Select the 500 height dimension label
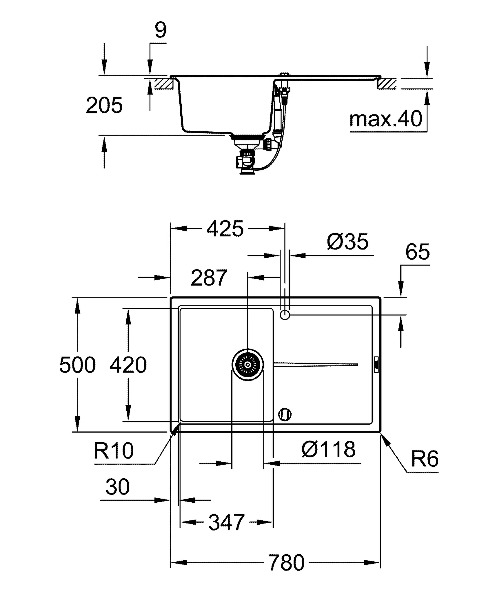point(77,365)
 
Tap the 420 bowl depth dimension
point(128,365)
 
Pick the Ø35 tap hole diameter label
point(347,241)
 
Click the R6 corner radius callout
point(425,459)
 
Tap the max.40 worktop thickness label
point(386,119)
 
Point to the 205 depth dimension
point(104,105)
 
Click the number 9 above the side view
point(161,30)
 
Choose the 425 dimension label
point(225,229)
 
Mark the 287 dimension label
point(209,278)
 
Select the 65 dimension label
point(417,252)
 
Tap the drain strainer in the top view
point(248,365)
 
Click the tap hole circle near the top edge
point(285,314)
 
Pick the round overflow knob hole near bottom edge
point(285,414)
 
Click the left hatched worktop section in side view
point(164,84)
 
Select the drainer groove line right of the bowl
point(316,365)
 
